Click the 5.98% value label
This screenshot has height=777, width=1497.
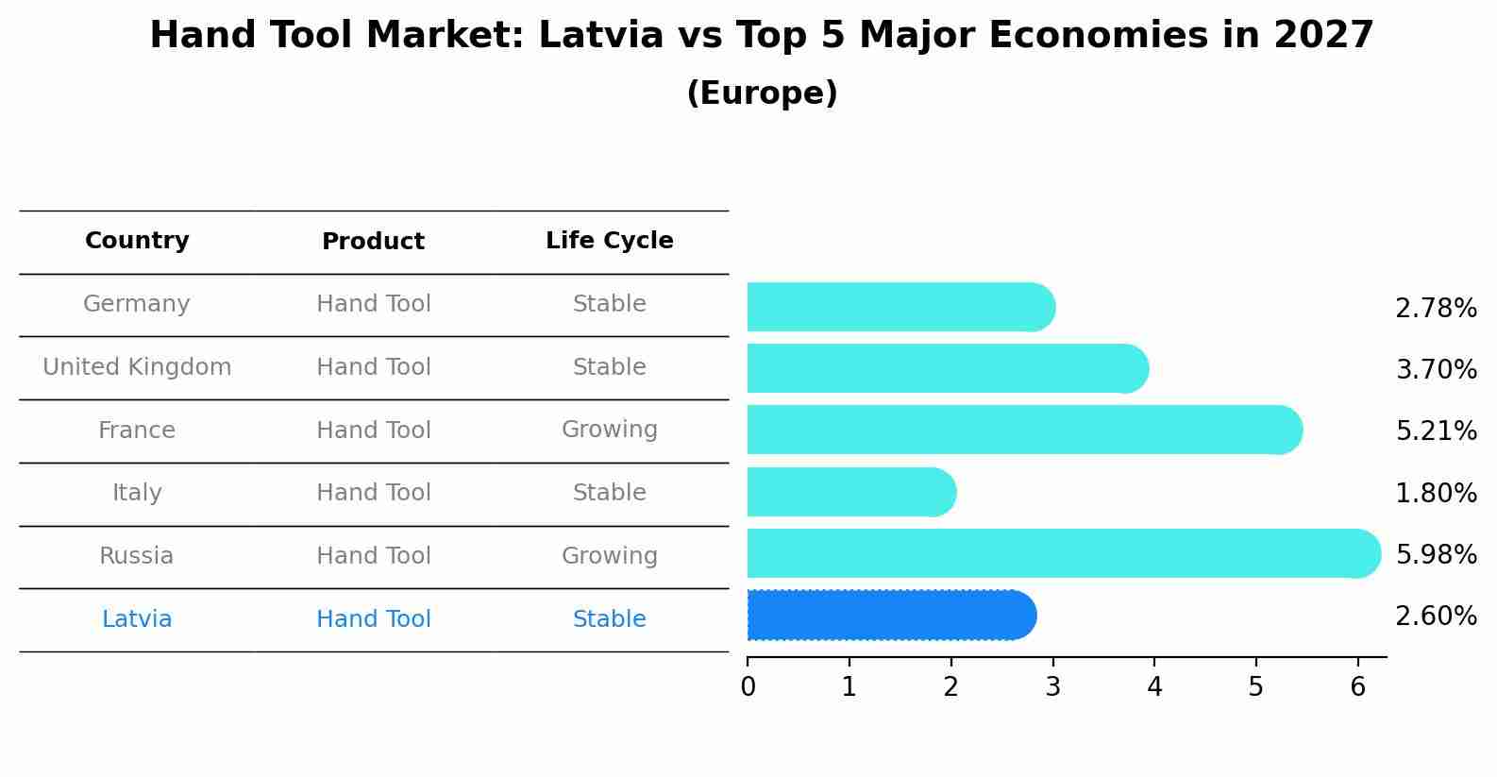pyautogui.click(x=1436, y=555)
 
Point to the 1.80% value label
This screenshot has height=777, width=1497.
pyautogui.click(x=1436, y=493)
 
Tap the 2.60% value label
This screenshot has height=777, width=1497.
pyautogui.click(x=1436, y=617)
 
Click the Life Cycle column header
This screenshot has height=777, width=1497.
pyautogui.click(x=609, y=241)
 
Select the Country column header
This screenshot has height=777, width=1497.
pyautogui.click(x=137, y=241)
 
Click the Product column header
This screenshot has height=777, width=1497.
pyautogui.click(x=373, y=242)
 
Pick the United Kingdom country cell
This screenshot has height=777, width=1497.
pyautogui.click(x=137, y=367)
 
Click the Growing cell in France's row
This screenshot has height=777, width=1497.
pyautogui.click(x=609, y=430)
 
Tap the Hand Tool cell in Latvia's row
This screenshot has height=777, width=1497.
pyautogui.click(x=373, y=619)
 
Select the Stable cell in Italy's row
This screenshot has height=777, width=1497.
pyautogui.click(x=609, y=493)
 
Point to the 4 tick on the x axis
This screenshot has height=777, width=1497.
pyautogui.click(x=1154, y=687)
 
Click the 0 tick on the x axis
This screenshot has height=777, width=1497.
pyautogui.click(x=748, y=687)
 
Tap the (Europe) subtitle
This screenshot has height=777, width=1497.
pyautogui.click(x=762, y=93)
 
